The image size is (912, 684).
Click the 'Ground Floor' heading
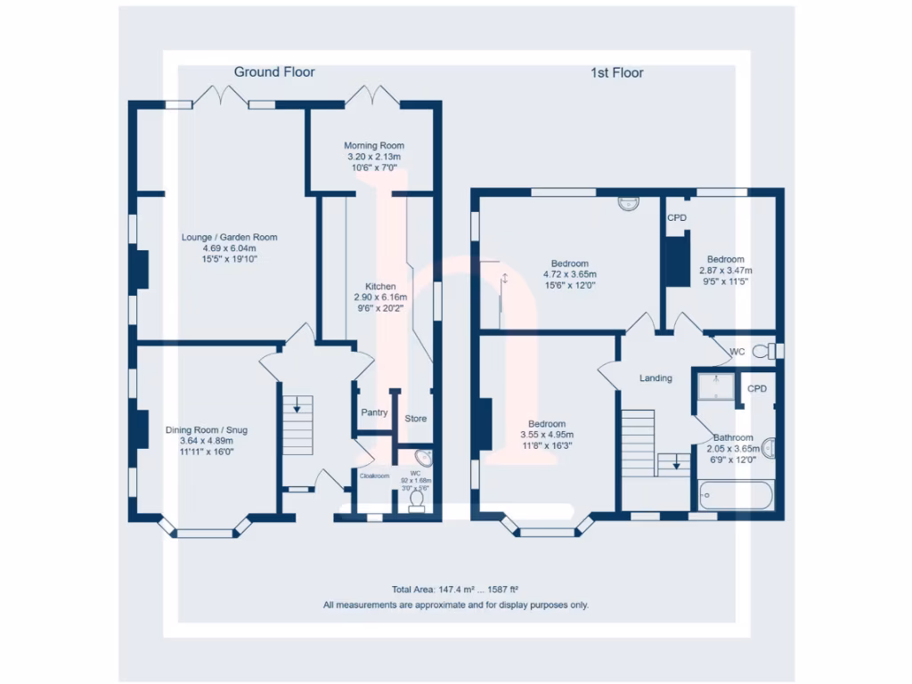(274, 72)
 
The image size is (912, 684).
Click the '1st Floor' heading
(617, 73)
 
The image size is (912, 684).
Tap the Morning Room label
(374, 145)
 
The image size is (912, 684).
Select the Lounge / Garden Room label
(229, 237)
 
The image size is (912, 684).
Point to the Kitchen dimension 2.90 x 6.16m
(380, 297)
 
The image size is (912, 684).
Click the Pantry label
(374, 413)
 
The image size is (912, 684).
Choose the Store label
(416, 419)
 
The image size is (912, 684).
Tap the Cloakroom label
(374, 476)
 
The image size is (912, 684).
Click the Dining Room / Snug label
(207, 430)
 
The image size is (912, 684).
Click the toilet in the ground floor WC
(415, 501)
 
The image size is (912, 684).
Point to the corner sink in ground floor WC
(426, 459)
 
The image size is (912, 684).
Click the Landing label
(655, 379)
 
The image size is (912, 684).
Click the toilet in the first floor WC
(763, 352)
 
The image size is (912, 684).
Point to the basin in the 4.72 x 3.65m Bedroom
(630, 202)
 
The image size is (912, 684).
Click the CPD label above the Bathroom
(757, 389)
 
